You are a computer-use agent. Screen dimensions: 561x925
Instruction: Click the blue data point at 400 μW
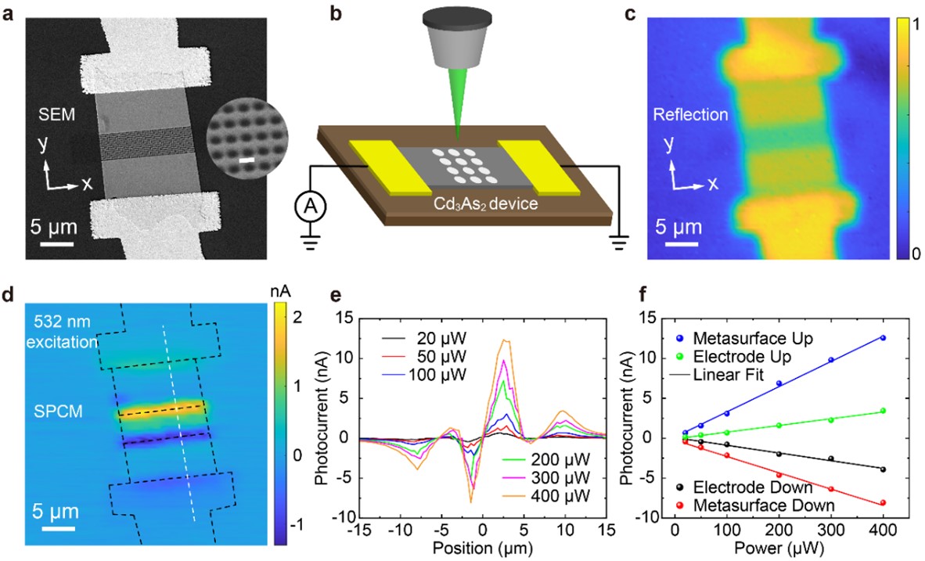883,338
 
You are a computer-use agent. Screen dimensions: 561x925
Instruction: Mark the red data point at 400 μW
883,503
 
